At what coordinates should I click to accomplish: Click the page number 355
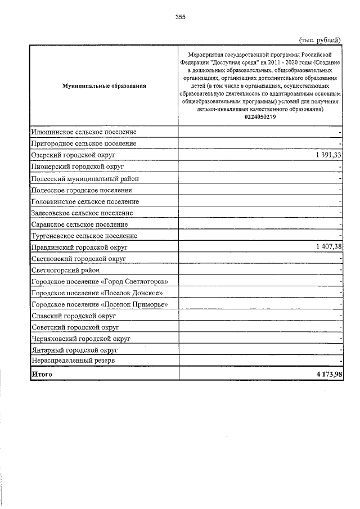click(180, 17)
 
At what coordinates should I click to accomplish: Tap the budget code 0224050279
click(260, 117)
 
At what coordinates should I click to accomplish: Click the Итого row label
click(42, 374)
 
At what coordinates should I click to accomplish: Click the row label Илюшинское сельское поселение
click(84, 132)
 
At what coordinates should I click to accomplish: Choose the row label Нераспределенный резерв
click(74, 361)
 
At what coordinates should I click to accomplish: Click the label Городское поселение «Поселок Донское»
click(98, 293)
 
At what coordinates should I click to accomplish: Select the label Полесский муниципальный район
click(85, 178)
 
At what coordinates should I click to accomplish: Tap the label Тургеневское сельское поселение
click(84, 236)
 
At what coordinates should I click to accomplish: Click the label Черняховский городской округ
click(81, 339)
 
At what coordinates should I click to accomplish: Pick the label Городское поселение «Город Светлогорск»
click(100, 281)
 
